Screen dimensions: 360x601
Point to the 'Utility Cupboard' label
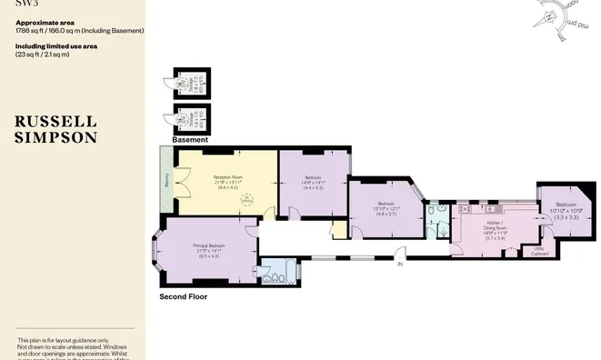(x=538, y=249)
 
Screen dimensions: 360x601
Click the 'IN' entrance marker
(x=397, y=264)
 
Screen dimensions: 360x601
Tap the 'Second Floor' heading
(x=183, y=296)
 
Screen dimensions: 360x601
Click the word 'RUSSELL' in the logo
(x=55, y=120)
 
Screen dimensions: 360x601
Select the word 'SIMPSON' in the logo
(x=55, y=137)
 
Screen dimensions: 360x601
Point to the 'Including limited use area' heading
(x=55, y=47)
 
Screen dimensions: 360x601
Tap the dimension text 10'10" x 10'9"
(x=566, y=211)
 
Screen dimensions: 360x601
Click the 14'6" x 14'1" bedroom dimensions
(x=313, y=182)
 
